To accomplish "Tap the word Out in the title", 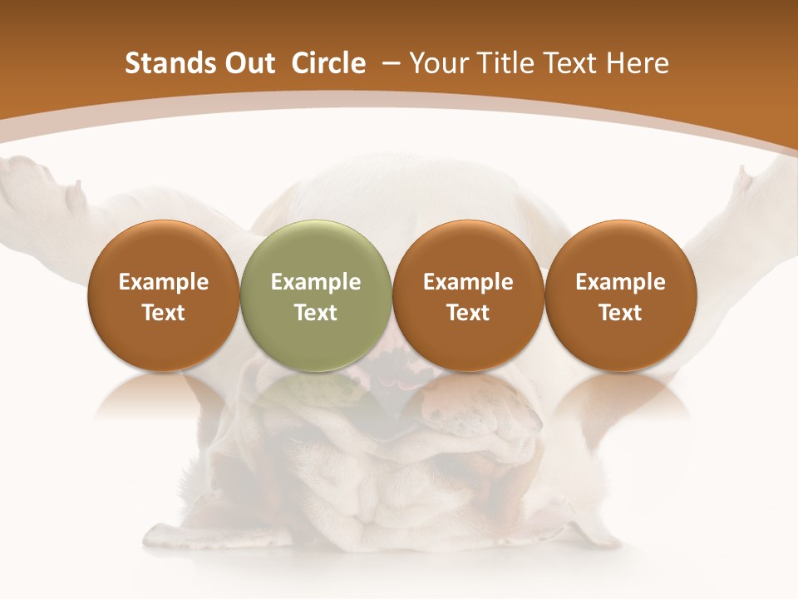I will coord(248,63).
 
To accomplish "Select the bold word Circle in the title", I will coord(328,63).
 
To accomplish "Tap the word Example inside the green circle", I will coord(316,282).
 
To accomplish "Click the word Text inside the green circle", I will coord(316,313).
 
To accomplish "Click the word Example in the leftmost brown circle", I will coord(164,282).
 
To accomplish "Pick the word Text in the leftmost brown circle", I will coord(164,313).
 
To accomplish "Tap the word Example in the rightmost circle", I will coord(620,282).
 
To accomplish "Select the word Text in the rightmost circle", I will coord(620,313).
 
